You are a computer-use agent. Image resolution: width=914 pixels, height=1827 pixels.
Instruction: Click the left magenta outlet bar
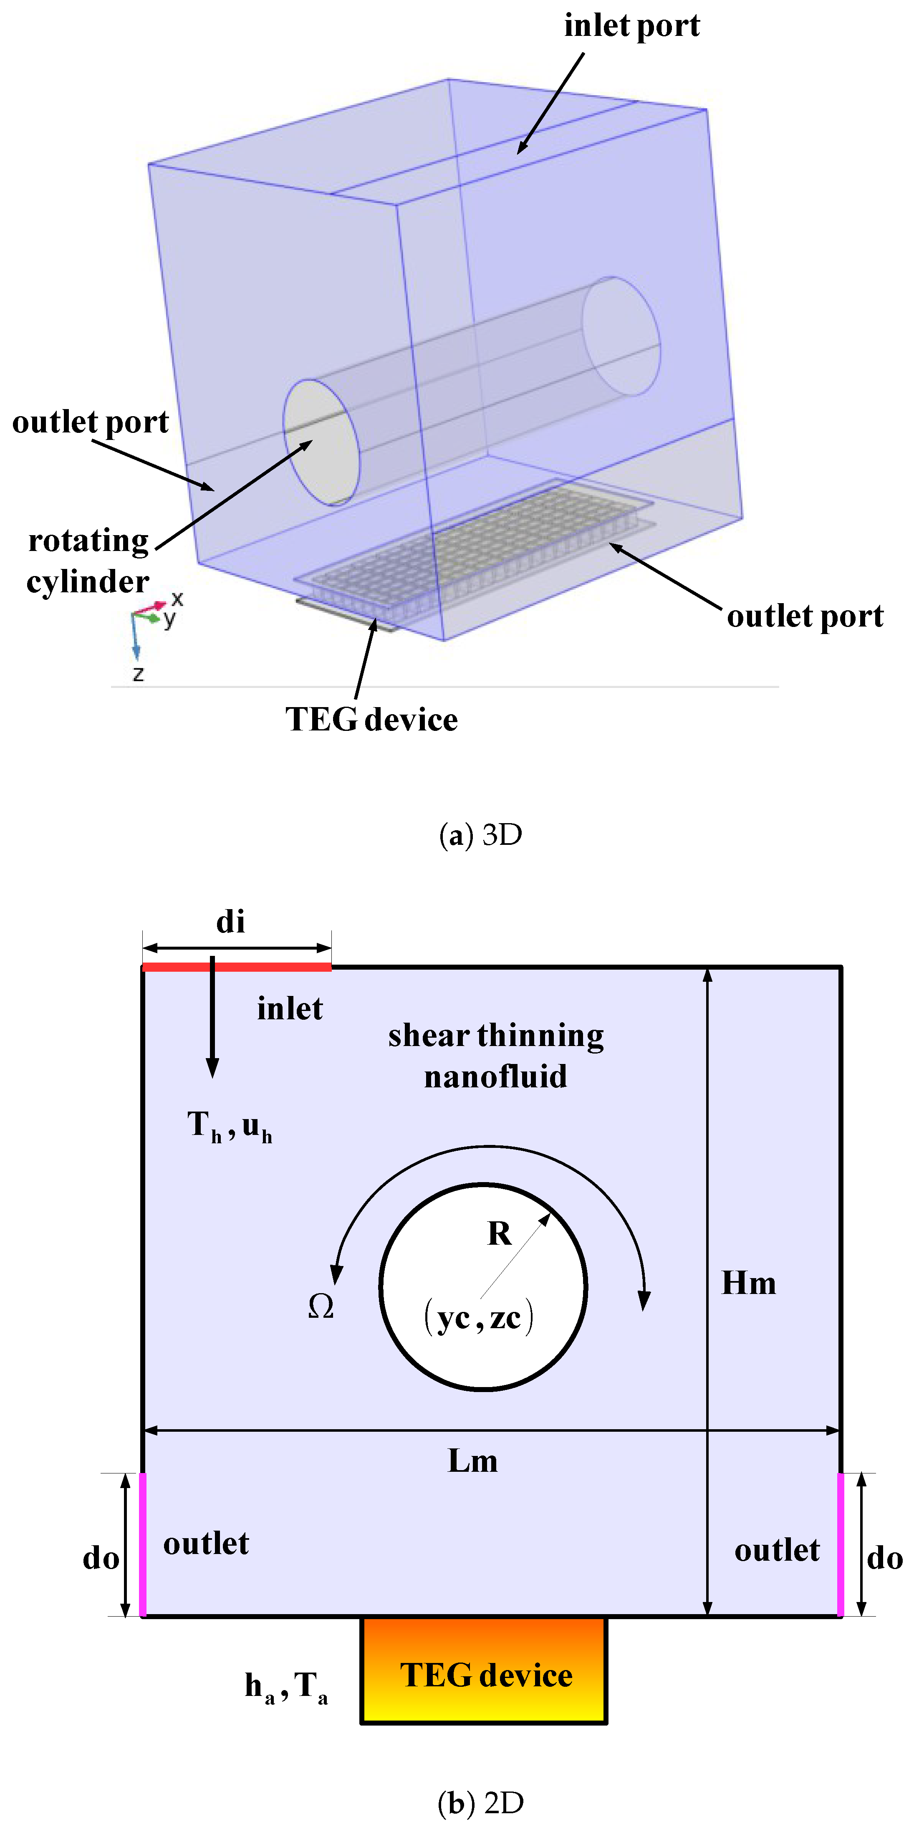142,1544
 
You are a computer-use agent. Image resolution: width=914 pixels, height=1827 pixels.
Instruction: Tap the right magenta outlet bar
840,1544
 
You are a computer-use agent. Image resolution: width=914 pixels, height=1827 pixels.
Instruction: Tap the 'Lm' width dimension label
472,1461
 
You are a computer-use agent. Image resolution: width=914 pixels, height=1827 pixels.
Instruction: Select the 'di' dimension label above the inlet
230,922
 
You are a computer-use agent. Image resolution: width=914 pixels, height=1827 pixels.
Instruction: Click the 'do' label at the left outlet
101,1558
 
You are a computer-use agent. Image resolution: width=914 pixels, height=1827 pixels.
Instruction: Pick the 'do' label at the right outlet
884,1558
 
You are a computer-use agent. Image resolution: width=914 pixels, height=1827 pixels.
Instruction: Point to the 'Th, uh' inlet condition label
229,1126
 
